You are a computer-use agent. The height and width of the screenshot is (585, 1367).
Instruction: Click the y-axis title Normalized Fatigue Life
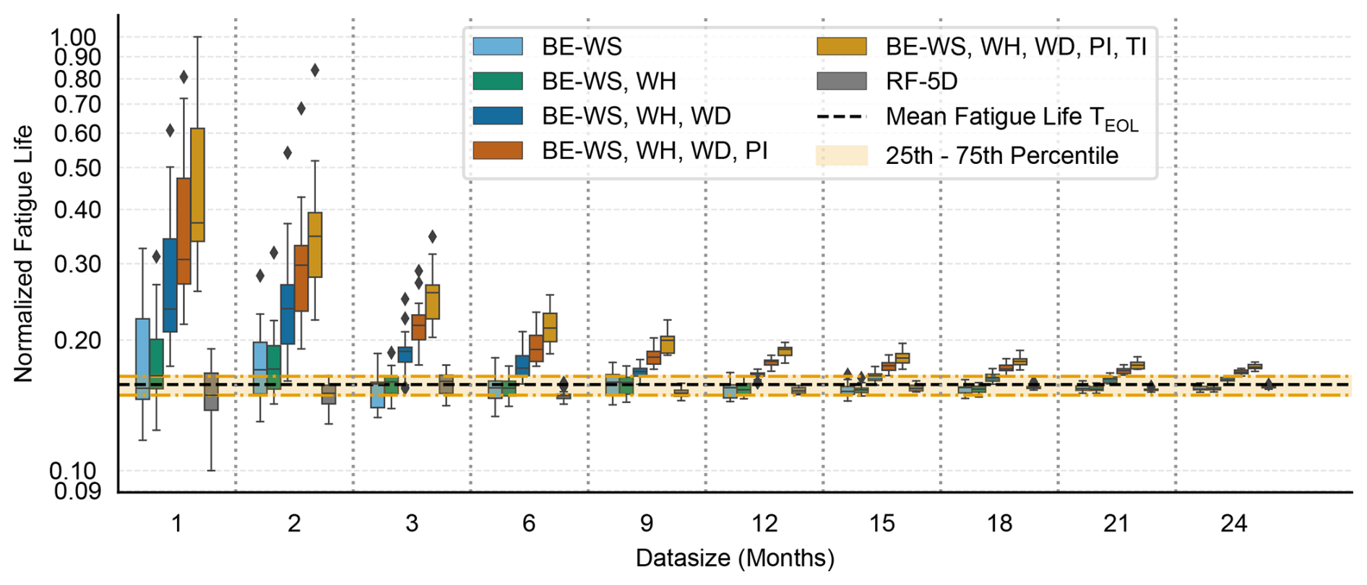pyautogui.click(x=23, y=253)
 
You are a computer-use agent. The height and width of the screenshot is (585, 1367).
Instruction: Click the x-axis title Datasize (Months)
pyautogui.click(x=734, y=558)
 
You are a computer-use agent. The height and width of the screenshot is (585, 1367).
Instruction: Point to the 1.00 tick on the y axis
pyautogui.click(x=74, y=37)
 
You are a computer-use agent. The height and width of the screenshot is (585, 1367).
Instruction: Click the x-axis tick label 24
pyautogui.click(x=1233, y=523)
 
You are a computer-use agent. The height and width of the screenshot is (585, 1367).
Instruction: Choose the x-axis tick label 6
pyautogui.click(x=529, y=523)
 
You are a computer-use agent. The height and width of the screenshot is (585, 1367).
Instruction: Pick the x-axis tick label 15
pyautogui.click(x=881, y=523)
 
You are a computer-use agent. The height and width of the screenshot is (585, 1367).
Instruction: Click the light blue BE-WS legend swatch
pyautogui.click(x=497, y=47)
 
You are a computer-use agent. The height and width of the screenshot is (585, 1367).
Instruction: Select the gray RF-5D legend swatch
pyautogui.click(x=842, y=81)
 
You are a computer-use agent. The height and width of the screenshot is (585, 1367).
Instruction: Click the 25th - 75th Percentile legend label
pyautogui.click(x=1001, y=155)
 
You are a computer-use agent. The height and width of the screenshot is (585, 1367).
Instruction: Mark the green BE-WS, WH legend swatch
pyautogui.click(x=497, y=81)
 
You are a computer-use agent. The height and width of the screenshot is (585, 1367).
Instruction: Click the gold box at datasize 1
pyautogui.click(x=197, y=185)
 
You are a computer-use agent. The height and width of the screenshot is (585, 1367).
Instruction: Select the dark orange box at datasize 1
pyautogui.click(x=184, y=231)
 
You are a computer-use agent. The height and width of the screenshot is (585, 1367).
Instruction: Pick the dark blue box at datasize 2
pyautogui.click(x=288, y=314)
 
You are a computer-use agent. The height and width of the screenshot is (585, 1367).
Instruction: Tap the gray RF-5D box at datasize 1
pyautogui.click(x=211, y=391)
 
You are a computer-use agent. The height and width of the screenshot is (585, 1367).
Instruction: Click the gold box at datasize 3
pyautogui.click(x=432, y=302)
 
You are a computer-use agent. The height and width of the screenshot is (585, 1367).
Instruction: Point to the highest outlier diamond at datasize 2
pyautogui.click(x=315, y=70)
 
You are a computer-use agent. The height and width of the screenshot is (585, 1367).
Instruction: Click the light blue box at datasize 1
pyautogui.click(x=142, y=358)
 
